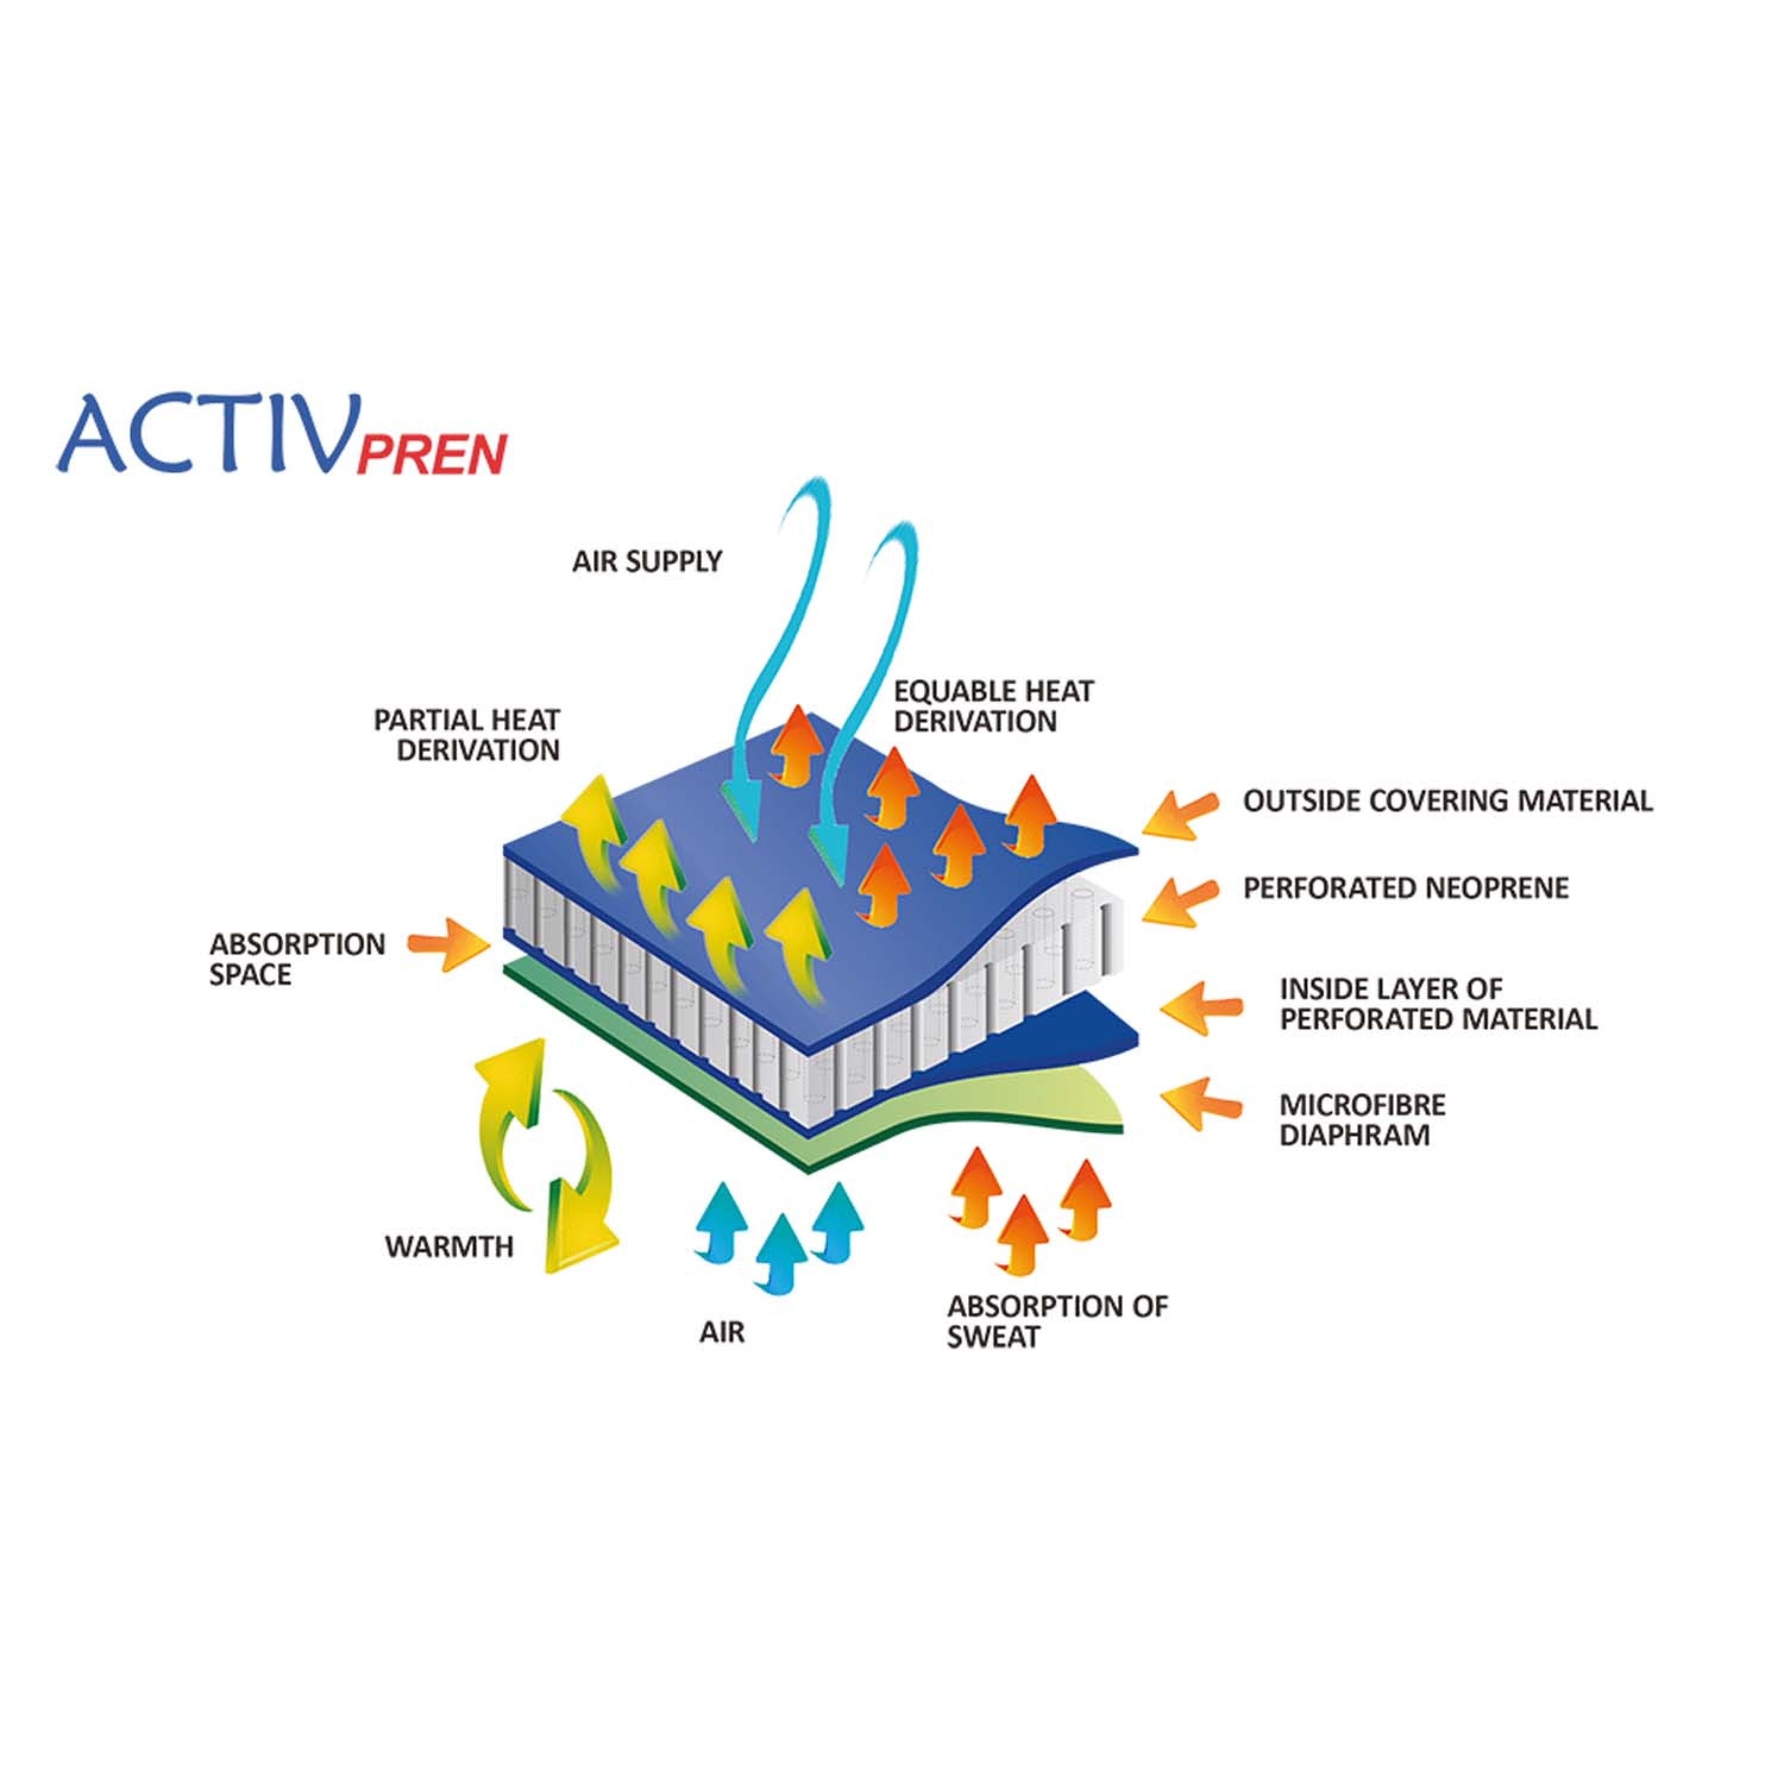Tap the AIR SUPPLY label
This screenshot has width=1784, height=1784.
click(x=648, y=561)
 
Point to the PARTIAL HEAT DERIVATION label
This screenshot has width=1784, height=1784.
click(x=467, y=735)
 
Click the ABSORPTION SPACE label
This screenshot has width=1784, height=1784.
click(x=297, y=959)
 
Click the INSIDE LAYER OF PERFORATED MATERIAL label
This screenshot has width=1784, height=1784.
click(x=1438, y=1004)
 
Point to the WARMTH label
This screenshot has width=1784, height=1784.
click(x=449, y=1246)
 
